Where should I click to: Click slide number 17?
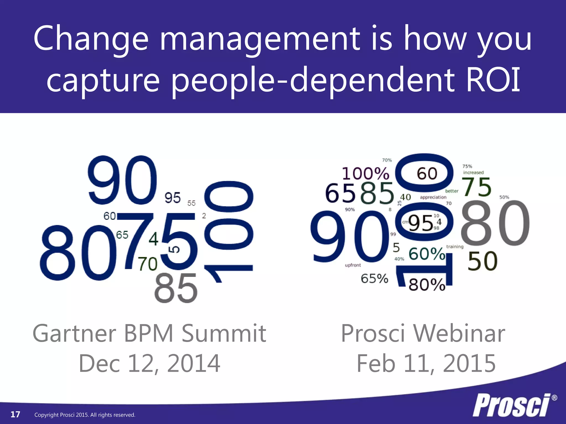[x=15, y=414]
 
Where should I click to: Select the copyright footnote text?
[x=85, y=415]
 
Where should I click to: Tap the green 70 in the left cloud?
[x=148, y=264]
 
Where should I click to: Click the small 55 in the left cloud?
[x=191, y=203]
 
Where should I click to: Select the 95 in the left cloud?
[x=172, y=198]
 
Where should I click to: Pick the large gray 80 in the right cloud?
[x=495, y=223]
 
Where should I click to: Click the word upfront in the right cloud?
[x=353, y=265]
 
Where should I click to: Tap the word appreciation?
[x=433, y=197]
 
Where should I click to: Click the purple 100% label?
[x=365, y=174]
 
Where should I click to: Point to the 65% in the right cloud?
[x=374, y=279]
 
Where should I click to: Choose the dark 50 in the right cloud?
[x=483, y=261]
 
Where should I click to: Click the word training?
[x=455, y=247]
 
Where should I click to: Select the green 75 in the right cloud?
[x=477, y=187]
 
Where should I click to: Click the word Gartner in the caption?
[x=74, y=334]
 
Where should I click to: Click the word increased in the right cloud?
[x=473, y=173]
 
